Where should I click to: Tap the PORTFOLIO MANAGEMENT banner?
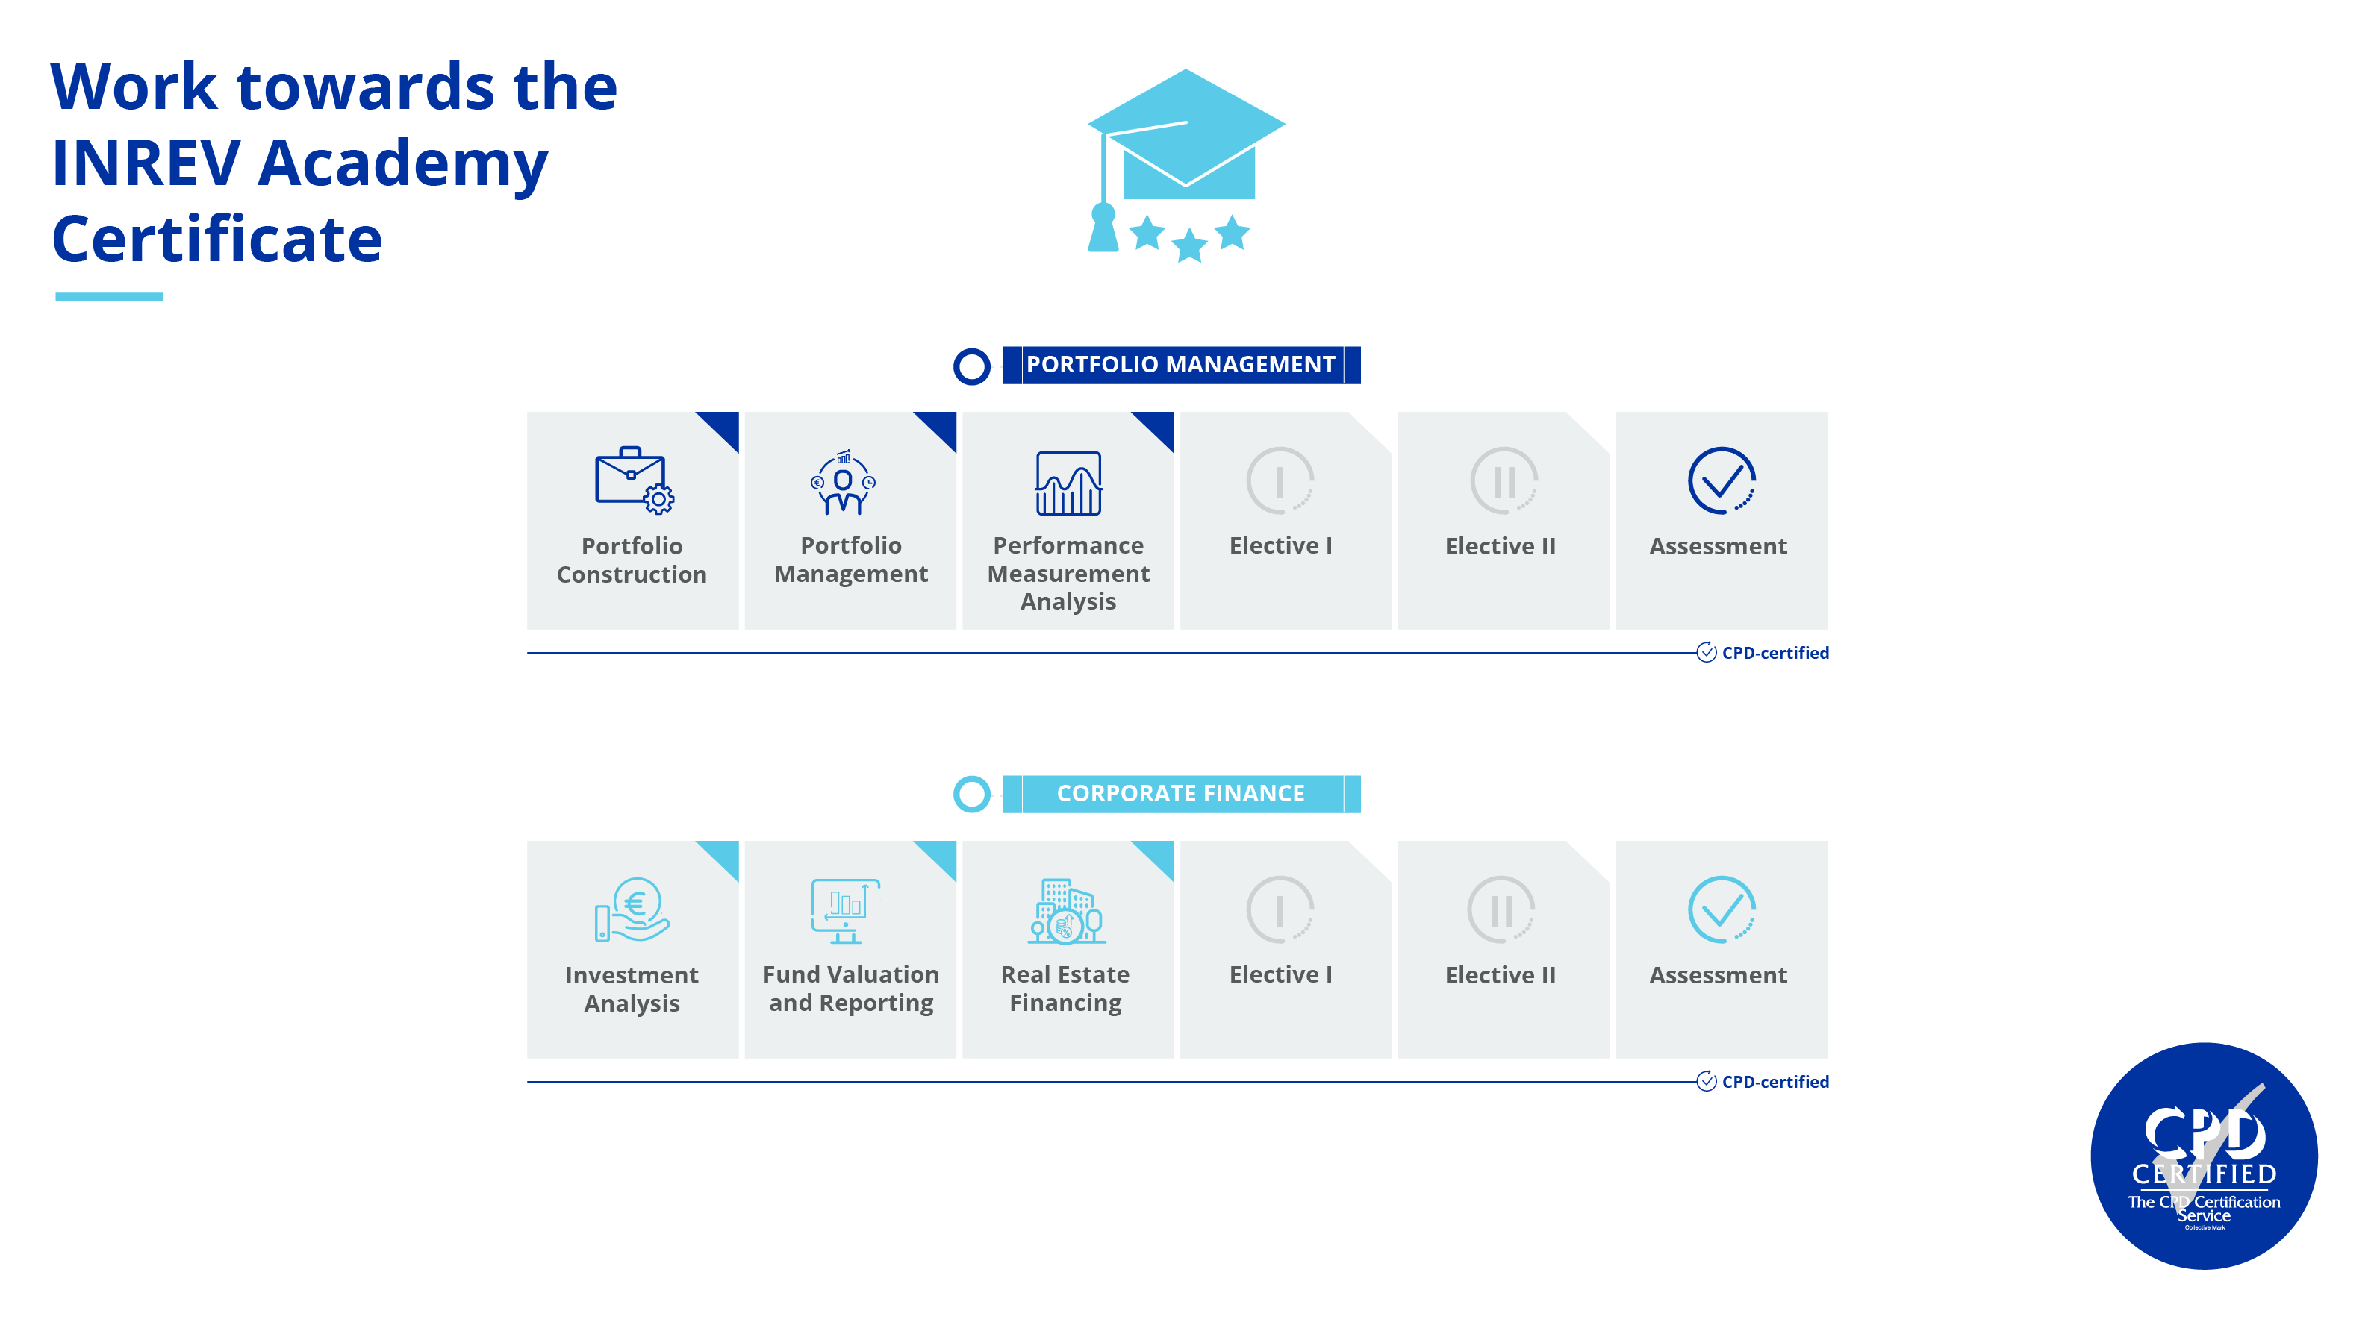pyautogui.click(x=1180, y=365)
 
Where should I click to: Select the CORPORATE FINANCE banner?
pyautogui.click(x=1180, y=793)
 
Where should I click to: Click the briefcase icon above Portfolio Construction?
pyautogui.click(x=633, y=480)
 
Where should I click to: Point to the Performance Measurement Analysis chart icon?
pyautogui.click(x=1068, y=483)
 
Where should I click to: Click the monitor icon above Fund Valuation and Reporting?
pyautogui.click(x=846, y=910)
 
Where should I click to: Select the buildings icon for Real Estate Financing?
pyautogui.click(x=1066, y=910)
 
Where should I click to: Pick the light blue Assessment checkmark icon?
pyautogui.click(x=1721, y=910)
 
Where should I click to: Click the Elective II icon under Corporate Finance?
pyautogui.click(x=1501, y=910)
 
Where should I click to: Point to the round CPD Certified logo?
pyautogui.click(x=2204, y=1156)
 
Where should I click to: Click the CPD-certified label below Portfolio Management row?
pyautogui.click(x=1774, y=653)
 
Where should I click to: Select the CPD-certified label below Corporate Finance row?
pyautogui.click(x=1774, y=1082)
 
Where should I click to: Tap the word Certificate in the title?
pyautogui.click(x=217, y=239)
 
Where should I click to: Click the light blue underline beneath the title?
pyautogui.click(x=109, y=297)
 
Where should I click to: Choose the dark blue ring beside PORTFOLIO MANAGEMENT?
pyautogui.click(x=971, y=366)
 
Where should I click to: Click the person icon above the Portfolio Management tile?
pyautogui.click(x=842, y=483)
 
